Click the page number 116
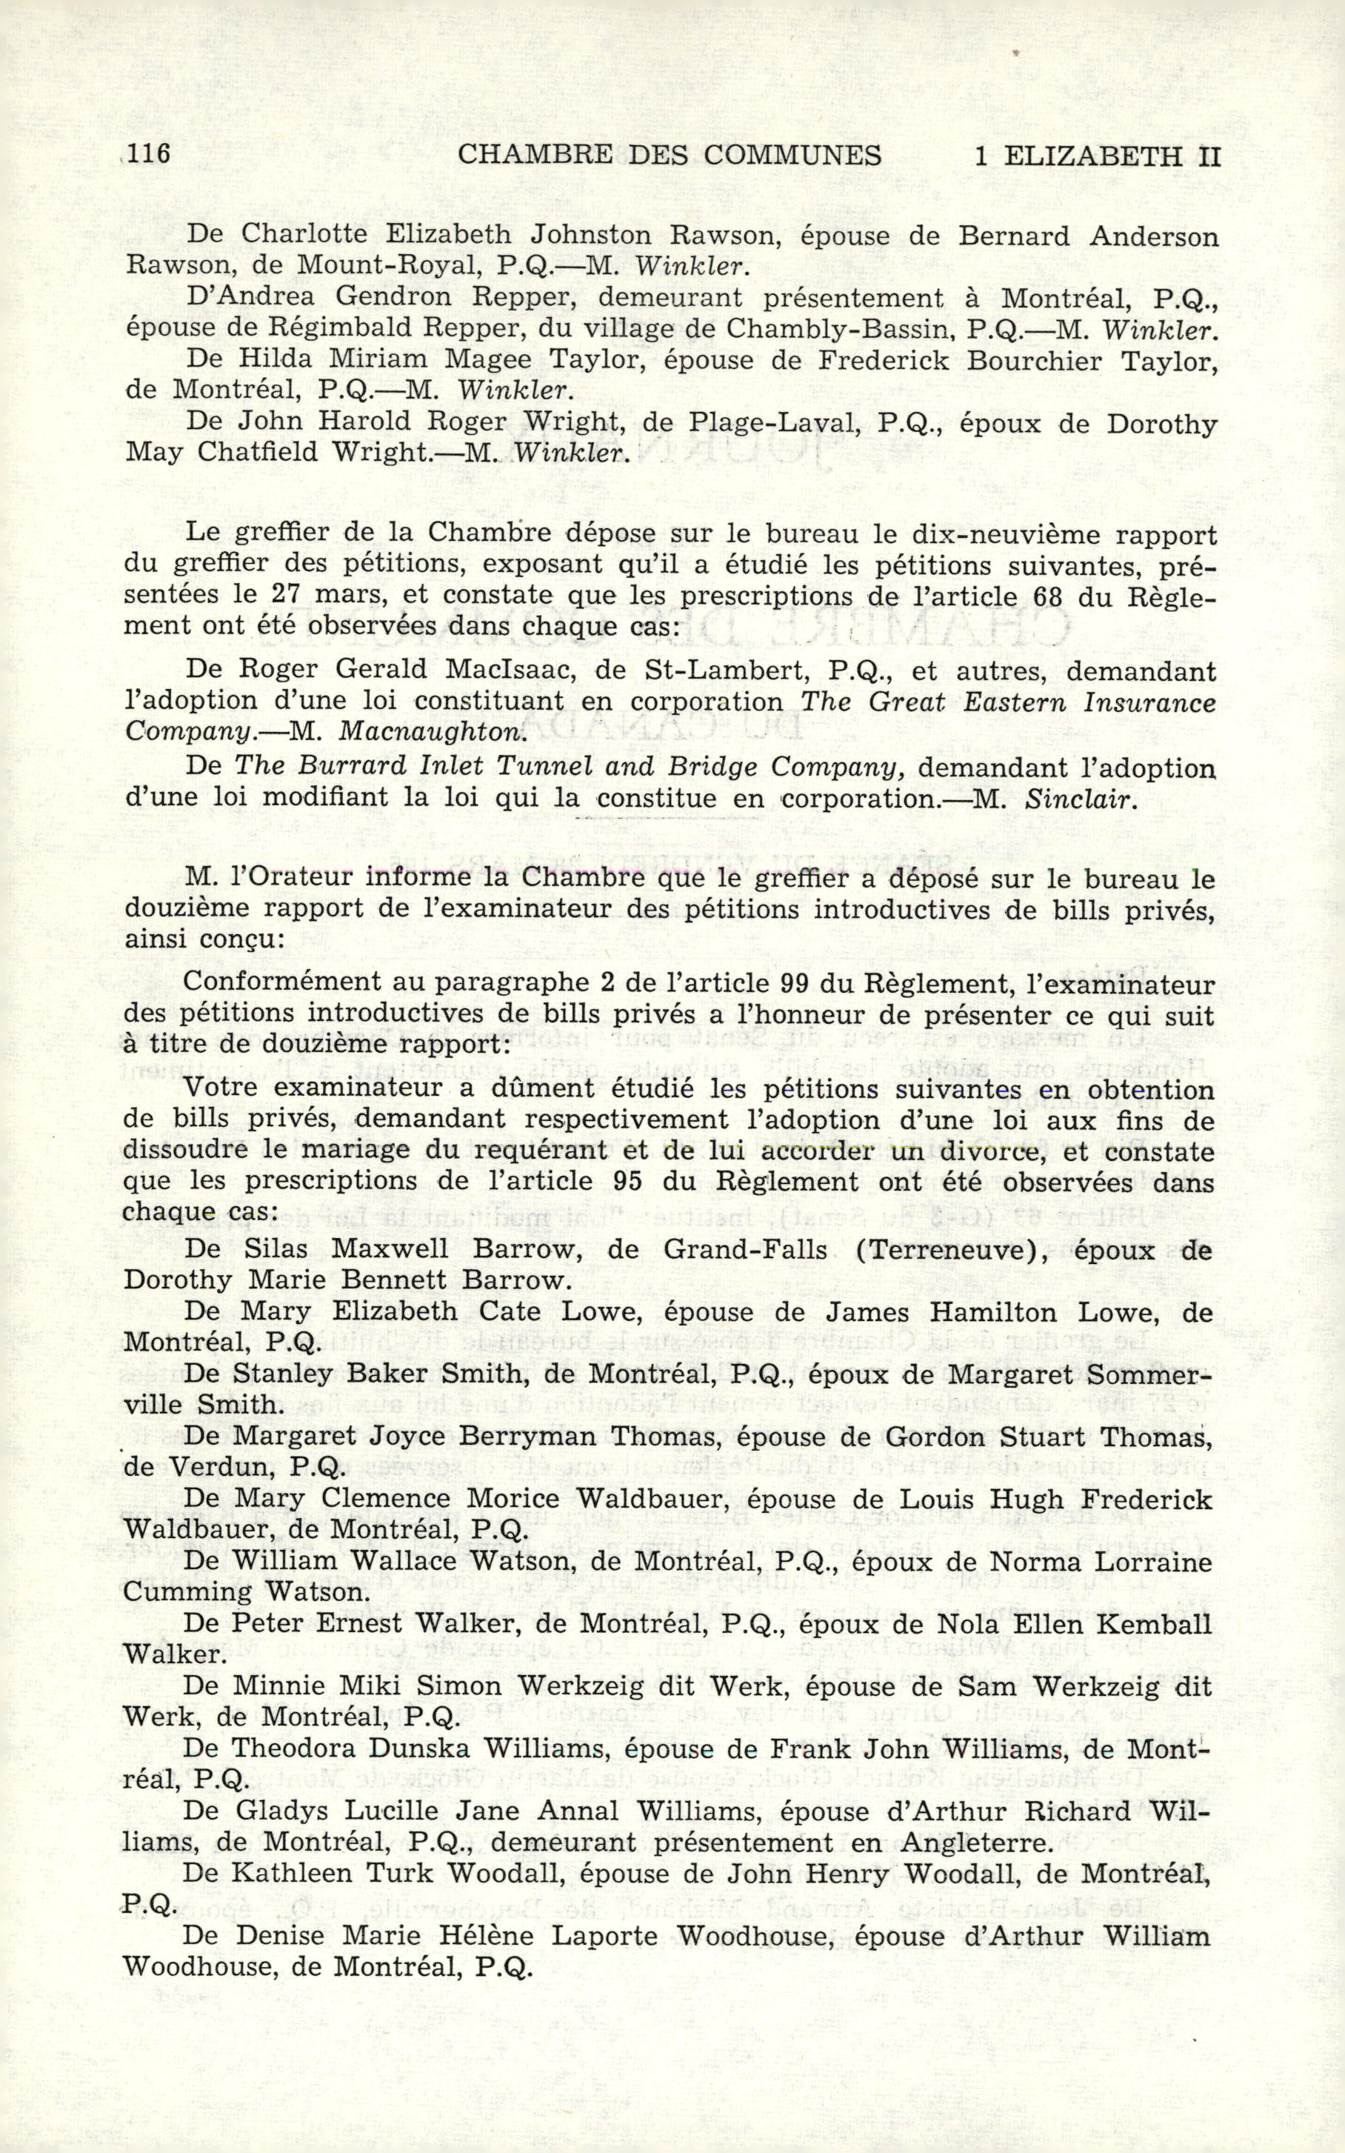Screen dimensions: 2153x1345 [x=147, y=155]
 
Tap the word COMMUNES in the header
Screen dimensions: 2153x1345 [x=792, y=156]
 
